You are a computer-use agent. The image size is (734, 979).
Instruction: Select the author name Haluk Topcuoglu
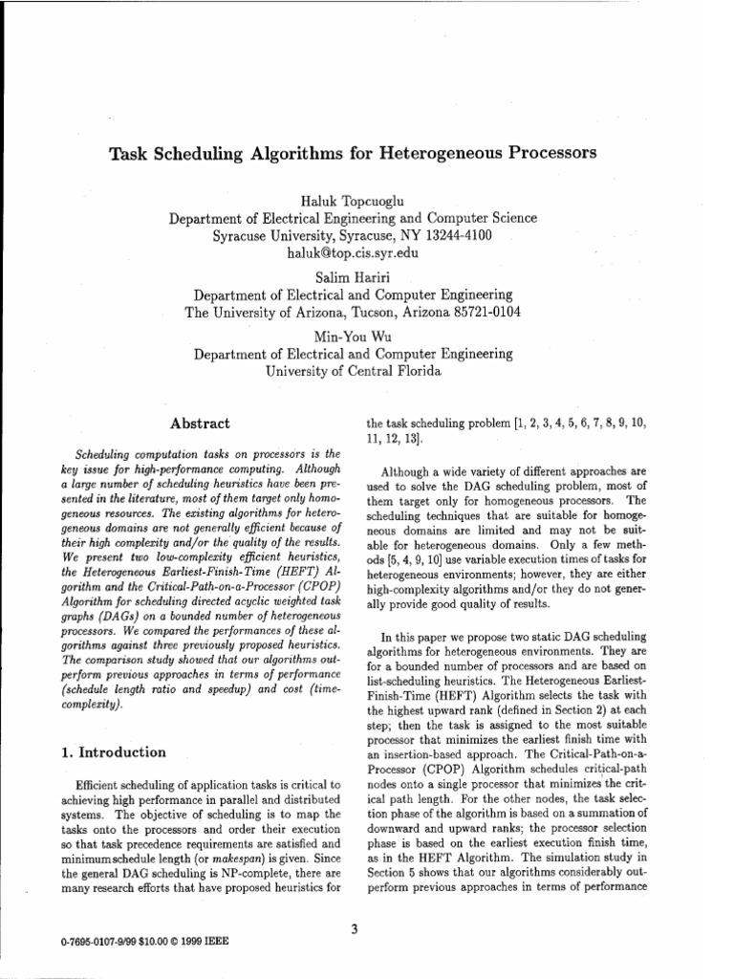tap(353, 200)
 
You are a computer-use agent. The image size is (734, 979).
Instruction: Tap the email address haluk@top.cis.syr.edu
tap(353, 253)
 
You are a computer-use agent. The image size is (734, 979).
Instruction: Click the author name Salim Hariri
tap(353, 275)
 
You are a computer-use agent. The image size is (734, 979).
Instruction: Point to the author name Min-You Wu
tap(353, 335)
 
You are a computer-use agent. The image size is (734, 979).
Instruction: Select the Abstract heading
tap(199, 423)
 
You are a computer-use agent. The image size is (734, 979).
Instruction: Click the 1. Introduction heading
tap(114, 751)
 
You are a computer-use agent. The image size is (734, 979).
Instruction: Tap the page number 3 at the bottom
tap(354, 925)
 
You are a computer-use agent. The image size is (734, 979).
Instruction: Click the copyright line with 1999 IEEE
tap(144, 941)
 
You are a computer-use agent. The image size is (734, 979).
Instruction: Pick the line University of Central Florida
tap(353, 371)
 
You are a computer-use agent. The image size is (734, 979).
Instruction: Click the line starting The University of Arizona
tap(353, 313)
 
